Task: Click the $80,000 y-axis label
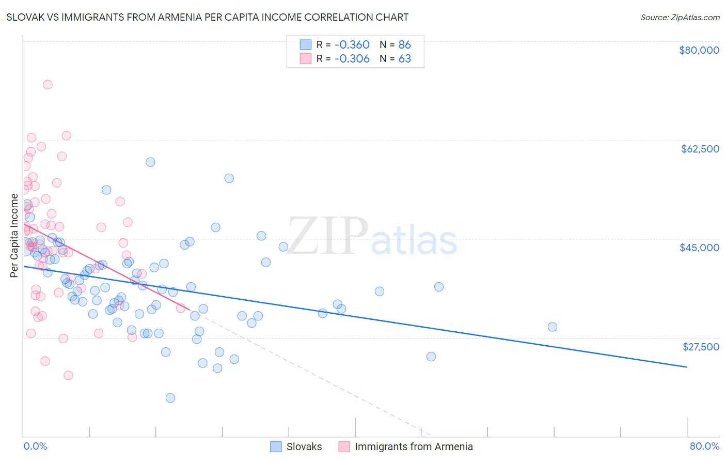tap(699, 50)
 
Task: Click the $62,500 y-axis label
tap(700, 149)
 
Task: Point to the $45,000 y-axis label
tap(699, 248)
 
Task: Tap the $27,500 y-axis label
tap(701, 347)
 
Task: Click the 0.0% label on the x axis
tap(35, 447)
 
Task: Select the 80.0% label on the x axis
tap(704, 447)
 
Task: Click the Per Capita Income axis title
tap(14, 235)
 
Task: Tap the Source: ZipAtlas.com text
tap(680, 18)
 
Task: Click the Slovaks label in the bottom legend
tap(304, 447)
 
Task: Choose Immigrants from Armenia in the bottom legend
tap(414, 447)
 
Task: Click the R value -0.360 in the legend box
tap(352, 45)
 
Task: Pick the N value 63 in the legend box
tap(405, 59)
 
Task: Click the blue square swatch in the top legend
tap(306, 44)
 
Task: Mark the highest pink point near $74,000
tap(48, 85)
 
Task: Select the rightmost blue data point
tap(552, 327)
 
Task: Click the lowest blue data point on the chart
tap(170, 398)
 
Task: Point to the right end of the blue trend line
tap(687, 367)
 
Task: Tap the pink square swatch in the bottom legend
tap(344, 447)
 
